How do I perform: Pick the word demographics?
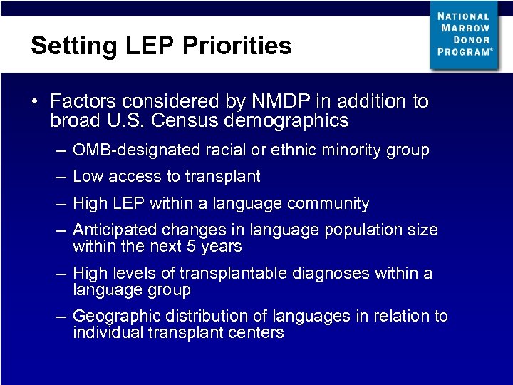tap(286, 120)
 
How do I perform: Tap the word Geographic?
tap(112, 316)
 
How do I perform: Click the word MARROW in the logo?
tap(465, 28)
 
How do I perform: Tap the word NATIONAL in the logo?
tap(464, 16)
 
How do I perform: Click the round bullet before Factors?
tap(34, 101)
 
